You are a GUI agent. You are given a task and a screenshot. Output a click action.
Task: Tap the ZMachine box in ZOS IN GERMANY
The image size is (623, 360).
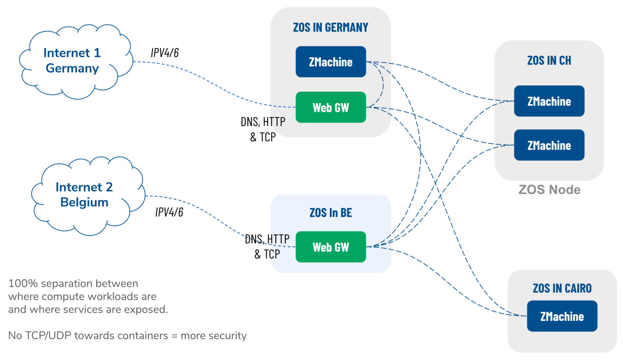(x=331, y=62)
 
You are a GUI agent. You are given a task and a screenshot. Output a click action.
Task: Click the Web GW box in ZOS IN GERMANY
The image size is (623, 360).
(x=331, y=107)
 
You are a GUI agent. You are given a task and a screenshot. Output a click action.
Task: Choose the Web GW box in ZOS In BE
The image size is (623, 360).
(x=331, y=247)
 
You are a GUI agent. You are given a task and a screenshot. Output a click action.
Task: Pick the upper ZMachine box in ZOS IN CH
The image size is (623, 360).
(x=549, y=101)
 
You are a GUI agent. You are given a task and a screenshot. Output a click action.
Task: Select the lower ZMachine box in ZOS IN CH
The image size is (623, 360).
(x=549, y=145)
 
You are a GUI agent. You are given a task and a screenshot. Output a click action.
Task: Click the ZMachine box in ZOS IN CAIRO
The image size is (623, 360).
(x=562, y=316)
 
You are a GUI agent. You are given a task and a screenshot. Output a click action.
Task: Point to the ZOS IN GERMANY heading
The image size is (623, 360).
(x=331, y=27)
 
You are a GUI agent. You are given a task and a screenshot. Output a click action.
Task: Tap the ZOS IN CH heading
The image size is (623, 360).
(x=549, y=61)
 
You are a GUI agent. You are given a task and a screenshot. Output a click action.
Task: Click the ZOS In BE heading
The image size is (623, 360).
(x=331, y=213)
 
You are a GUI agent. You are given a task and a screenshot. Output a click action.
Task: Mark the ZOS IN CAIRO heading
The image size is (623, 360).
(x=562, y=288)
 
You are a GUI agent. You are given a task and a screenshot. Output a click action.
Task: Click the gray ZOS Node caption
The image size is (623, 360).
(x=549, y=190)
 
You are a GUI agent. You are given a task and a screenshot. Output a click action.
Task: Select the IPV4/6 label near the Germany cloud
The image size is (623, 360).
(x=165, y=53)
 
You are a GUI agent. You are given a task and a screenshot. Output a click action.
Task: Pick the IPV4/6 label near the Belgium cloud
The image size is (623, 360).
(x=169, y=212)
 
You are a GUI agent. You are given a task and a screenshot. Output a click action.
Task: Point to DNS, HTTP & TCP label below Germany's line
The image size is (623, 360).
(x=263, y=129)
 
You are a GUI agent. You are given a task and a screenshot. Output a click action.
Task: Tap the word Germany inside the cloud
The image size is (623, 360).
(x=72, y=68)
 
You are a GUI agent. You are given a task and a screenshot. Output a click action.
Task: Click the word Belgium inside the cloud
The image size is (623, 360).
(x=84, y=202)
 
